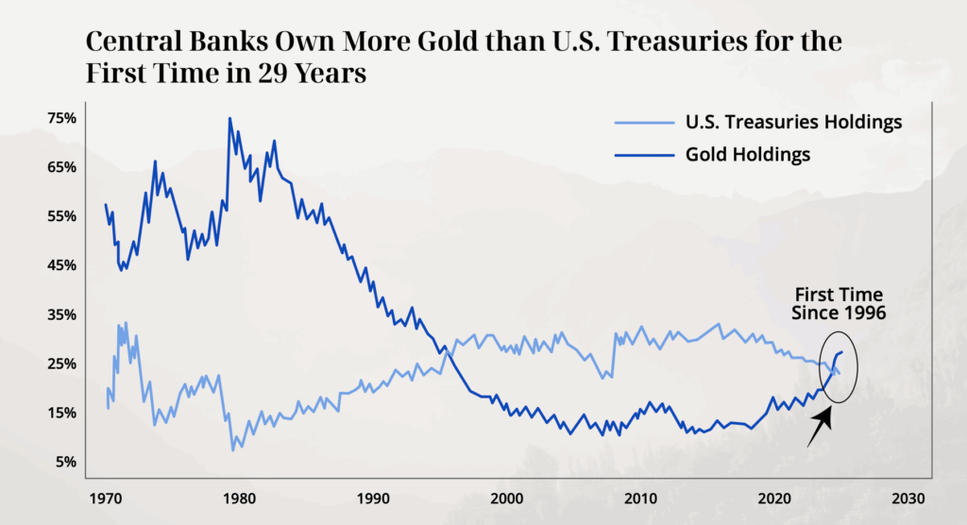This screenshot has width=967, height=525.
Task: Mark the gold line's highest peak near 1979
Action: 229,119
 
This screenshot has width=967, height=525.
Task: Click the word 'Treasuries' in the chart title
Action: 591,42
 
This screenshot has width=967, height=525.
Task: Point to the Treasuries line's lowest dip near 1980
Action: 232,449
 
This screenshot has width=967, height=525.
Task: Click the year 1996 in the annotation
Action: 864,313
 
